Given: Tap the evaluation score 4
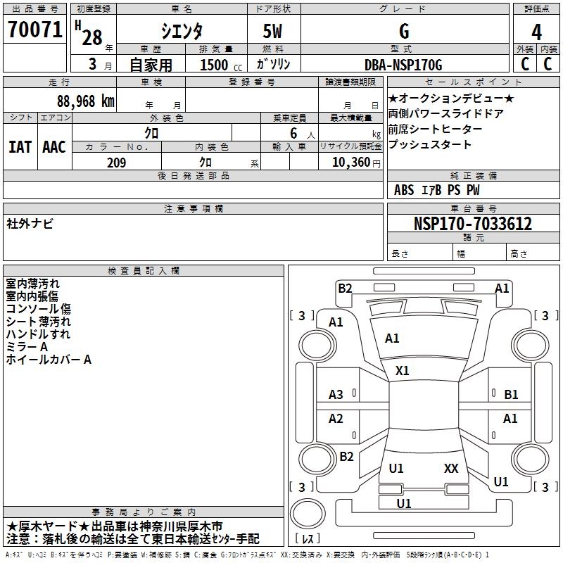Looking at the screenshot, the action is (536, 32).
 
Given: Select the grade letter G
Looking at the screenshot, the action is (403, 32).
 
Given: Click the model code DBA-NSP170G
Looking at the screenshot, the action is (403, 65).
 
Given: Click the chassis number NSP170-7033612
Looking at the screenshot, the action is (472, 224).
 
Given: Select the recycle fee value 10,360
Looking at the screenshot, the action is (348, 163).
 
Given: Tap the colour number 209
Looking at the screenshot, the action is (116, 163).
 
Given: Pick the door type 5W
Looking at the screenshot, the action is (274, 32).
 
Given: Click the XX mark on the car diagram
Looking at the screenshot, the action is (451, 468).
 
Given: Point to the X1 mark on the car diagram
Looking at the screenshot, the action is (403, 370).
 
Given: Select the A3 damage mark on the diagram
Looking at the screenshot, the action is (336, 395).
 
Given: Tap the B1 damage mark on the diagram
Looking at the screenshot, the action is (511, 395).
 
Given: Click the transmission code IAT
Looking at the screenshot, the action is (20, 147).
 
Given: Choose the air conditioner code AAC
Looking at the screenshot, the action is (53, 147).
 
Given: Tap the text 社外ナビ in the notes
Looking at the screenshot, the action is (30, 224).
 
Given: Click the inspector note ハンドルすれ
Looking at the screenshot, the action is (38, 334).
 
